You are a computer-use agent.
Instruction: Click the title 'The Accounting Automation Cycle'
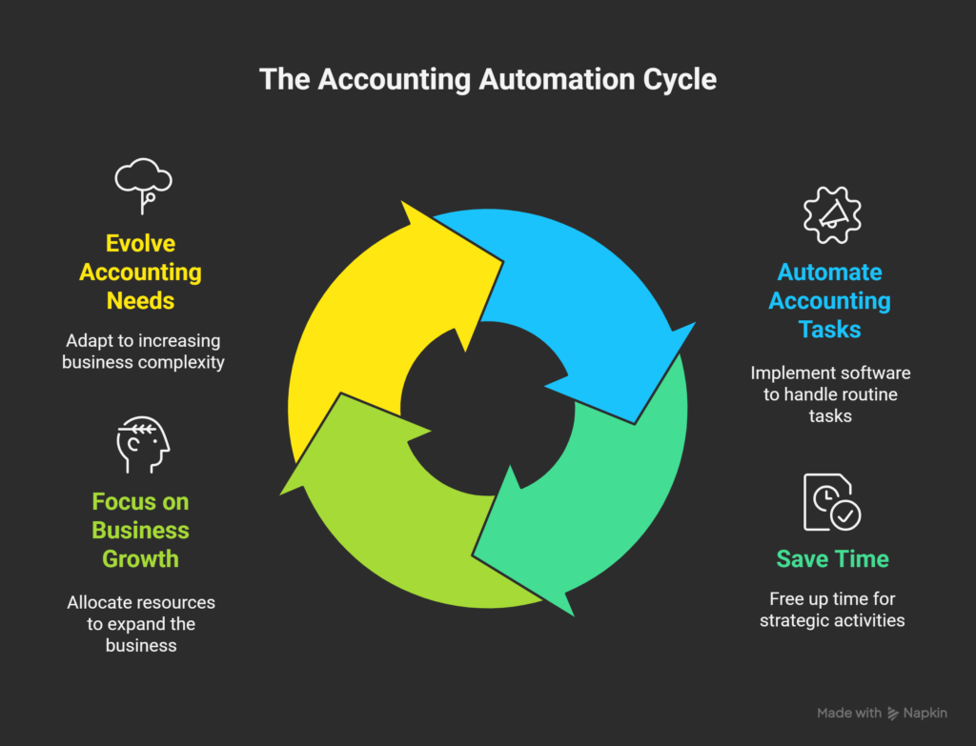click(487, 80)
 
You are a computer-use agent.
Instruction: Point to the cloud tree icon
click(143, 186)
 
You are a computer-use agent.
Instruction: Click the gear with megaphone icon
click(832, 215)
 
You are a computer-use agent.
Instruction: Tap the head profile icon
click(143, 444)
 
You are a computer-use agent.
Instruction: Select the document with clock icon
click(831, 502)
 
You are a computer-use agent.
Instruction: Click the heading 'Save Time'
click(832, 558)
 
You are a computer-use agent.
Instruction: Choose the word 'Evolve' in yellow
click(141, 243)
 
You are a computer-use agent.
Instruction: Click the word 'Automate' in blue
click(830, 272)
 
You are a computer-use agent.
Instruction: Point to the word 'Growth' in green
click(141, 558)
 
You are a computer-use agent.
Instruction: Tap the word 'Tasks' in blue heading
click(830, 329)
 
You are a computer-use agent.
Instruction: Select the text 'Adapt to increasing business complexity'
click(143, 352)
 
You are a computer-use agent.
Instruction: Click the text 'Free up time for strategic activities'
click(832, 610)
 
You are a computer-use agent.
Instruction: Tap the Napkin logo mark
click(893, 714)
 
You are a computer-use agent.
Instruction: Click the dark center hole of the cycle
click(487, 409)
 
